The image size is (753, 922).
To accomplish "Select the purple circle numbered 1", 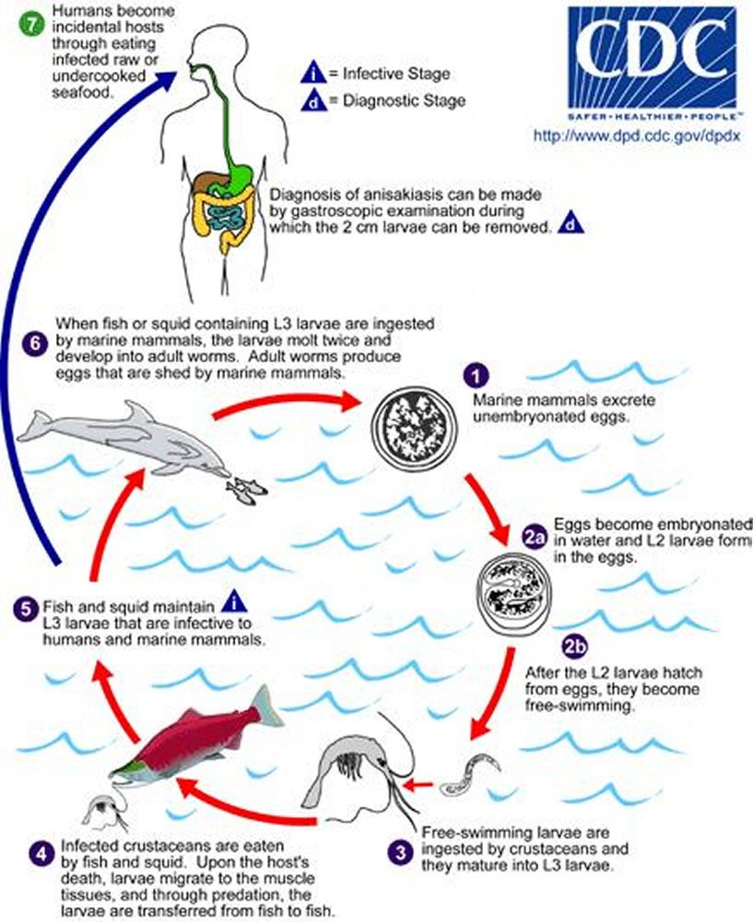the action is pos(477,376).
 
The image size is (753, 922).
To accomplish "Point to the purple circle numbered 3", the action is pos(400,854).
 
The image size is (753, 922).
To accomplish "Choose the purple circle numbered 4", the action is pos(42,855).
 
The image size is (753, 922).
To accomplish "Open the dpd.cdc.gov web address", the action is pos(637,136).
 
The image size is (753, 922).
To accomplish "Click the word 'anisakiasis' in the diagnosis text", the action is pos(405,195).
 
